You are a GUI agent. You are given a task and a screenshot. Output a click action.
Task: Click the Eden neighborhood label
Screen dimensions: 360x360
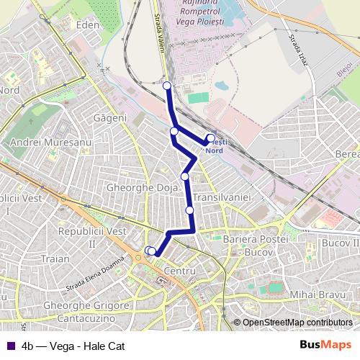tap(86, 24)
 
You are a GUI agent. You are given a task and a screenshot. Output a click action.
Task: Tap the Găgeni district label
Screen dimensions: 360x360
tap(109, 117)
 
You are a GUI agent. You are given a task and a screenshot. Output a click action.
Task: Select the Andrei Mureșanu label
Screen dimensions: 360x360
tap(48, 143)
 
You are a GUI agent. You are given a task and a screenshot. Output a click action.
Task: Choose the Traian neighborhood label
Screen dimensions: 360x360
tap(55, 258)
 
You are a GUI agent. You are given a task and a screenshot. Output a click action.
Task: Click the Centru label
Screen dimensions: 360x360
tap(180, 271)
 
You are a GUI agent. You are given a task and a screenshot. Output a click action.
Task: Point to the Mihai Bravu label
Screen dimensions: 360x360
tap(314, 295)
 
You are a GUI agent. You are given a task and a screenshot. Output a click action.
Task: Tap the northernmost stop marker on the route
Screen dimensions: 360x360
tap(167, 86)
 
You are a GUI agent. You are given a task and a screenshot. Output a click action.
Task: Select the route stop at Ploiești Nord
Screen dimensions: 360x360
tap(210, 138)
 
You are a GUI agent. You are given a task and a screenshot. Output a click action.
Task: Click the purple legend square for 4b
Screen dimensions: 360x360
tap(9, 346)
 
